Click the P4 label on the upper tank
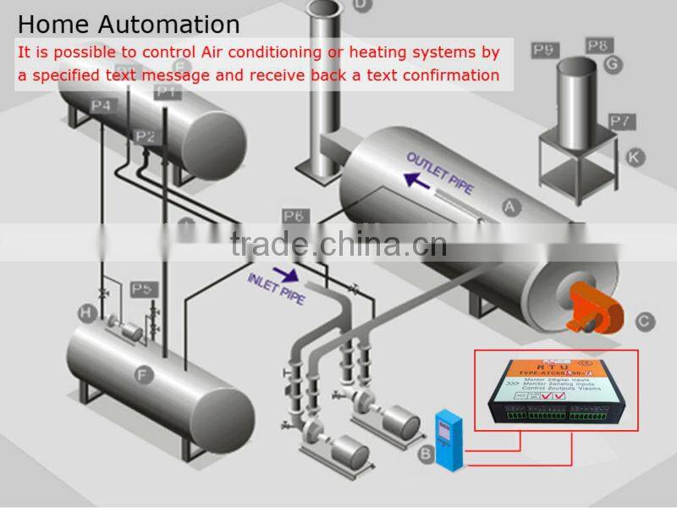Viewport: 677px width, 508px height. [x=102, y=106]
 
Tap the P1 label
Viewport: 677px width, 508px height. [x=168, y=91]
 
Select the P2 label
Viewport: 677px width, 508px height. [x=145, y=136]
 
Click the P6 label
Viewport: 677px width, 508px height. [x=293, y=217]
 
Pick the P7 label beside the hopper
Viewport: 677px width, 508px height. [x=622, y=121]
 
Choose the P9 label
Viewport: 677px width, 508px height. [x=544, y=51]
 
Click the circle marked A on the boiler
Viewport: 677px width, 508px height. [x=509, y=206]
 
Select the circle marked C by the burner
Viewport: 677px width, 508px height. [x=644, y=320]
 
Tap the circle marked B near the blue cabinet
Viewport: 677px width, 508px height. [x=426, y=455]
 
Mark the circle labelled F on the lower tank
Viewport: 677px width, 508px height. [x=142, y=372]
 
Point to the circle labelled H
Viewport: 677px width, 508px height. [x=85, y=313]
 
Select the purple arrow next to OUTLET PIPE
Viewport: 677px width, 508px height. [x=415, y=179]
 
